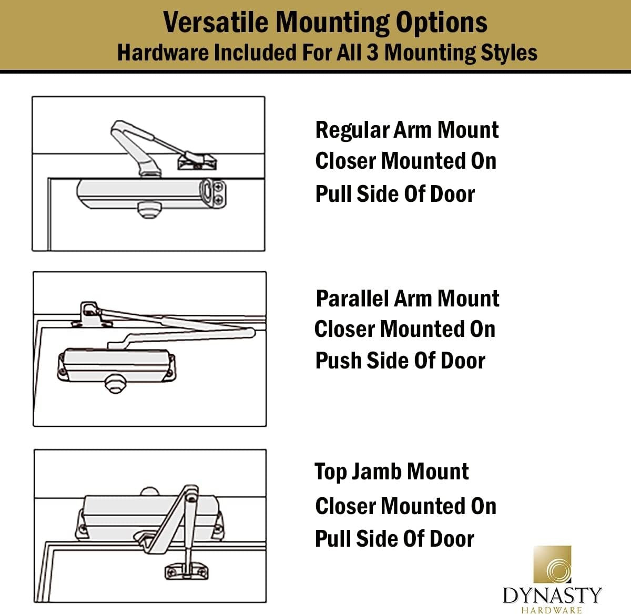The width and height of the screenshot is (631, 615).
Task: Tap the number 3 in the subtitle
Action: (372, 53)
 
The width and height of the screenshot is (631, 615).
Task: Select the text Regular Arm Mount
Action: (406, 130)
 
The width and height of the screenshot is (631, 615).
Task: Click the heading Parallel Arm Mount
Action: (407, 298)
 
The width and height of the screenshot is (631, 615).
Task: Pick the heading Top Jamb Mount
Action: (391, 471)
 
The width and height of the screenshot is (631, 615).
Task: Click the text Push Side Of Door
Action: (400, 361)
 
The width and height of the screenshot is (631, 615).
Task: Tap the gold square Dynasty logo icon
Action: (552, 565)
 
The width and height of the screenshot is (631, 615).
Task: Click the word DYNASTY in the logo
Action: (552, 596)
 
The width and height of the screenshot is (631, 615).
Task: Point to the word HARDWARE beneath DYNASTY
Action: (552, 610)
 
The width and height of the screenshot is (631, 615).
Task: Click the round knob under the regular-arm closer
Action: (147, 210)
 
